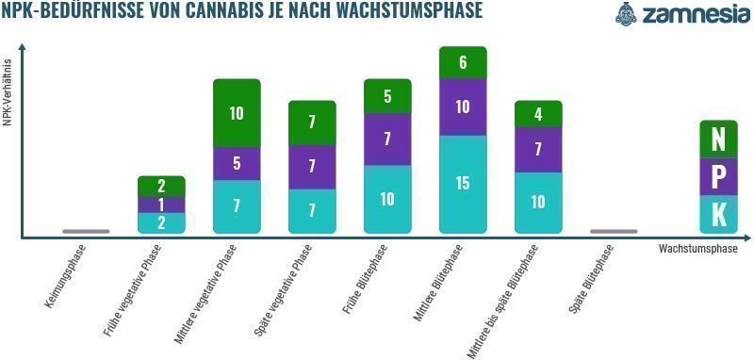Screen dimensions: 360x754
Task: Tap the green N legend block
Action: point(718,139)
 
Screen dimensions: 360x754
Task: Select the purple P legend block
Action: point(718,176)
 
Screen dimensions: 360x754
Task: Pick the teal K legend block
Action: point(718,214)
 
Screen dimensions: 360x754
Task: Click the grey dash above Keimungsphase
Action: point(86,231)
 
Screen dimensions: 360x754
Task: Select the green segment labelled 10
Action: point(237,113)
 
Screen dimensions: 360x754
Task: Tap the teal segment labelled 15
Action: point(463,184)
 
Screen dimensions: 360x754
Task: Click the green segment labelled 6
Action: point(463,62)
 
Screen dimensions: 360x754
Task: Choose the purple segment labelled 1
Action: point(161,205)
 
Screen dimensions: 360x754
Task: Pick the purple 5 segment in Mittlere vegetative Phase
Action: point(237,163)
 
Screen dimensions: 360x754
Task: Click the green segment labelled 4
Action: point(538,114)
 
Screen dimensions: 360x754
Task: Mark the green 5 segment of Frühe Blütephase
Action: point(387,96)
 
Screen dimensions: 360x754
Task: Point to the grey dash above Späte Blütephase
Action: point(614,231)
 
